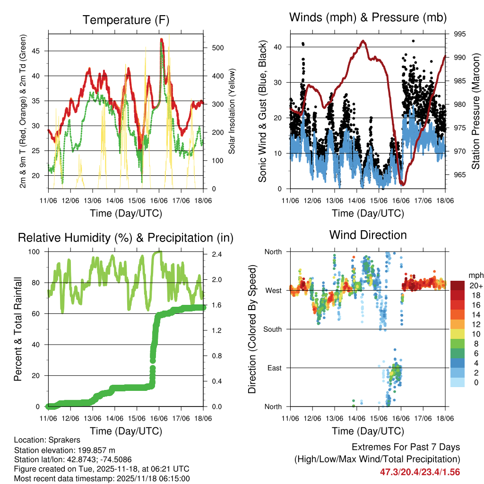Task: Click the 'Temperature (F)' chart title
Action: click(125, 20)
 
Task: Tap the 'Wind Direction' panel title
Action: click(368, 235)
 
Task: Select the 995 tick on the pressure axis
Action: click(460, 34)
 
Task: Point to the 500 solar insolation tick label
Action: click(218, 48)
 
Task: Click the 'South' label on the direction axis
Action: click(273, 329)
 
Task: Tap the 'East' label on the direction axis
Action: click(274, 368)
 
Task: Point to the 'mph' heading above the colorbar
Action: click(475, 276)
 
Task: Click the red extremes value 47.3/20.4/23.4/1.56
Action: click(420, 472)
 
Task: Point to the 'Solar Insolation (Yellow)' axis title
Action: click(232, 112)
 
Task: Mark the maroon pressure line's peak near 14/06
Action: click(363, 41)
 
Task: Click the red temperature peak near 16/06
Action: click(162, 40)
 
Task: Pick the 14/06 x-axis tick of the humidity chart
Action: click(115, 418)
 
